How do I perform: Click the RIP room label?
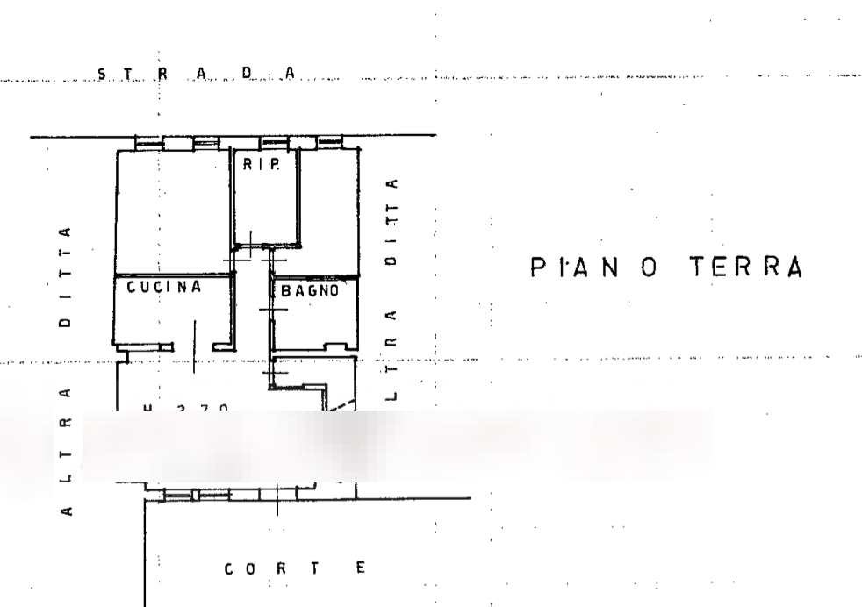click(262, 165)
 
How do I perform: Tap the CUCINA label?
click(164, 287)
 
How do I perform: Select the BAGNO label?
click(310, 290)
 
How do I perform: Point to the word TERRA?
click(746, 267)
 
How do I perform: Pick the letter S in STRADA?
click(103, 75)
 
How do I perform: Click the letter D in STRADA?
click(247, 74)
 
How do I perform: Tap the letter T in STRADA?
click(130, 75)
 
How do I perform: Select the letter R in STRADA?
click(162, 75)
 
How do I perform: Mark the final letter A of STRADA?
click(290, 74)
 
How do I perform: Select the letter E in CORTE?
click(361, 569)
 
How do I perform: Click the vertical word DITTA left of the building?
click(65, 276)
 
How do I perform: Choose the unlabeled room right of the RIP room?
click(329, 211)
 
